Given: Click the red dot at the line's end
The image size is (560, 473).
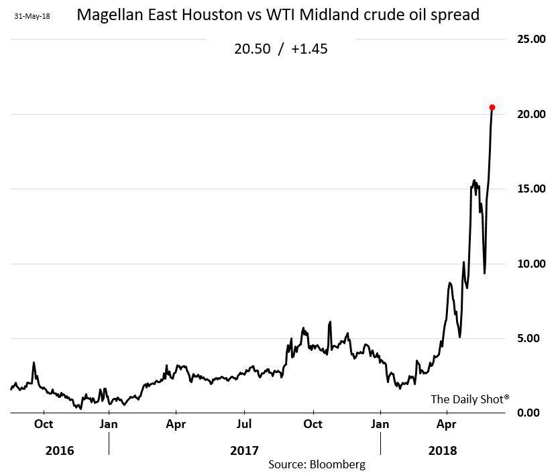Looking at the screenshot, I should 492,107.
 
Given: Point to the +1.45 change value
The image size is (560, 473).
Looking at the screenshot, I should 309,49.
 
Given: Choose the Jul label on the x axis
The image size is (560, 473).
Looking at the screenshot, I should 244,424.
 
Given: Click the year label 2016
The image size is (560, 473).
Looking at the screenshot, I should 60,451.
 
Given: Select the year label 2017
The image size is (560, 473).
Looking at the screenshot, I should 244,451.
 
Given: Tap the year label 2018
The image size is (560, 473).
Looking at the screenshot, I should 442,451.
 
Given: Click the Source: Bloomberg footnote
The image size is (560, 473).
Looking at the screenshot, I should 317,464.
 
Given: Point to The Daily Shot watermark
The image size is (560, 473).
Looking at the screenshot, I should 469,399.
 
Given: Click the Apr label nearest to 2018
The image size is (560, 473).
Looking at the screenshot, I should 447,424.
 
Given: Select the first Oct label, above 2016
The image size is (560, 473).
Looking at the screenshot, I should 44,424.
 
